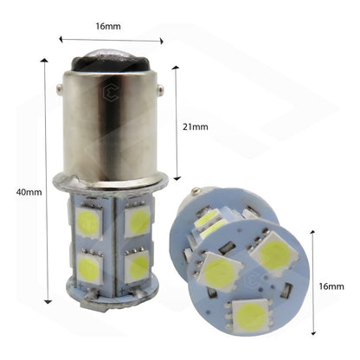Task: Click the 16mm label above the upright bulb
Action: (x=111, y=27)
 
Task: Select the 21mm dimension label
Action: (x=196, y=126)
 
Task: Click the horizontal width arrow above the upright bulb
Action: (x=111, y=40)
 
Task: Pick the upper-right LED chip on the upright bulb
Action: (x=138, y=222)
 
